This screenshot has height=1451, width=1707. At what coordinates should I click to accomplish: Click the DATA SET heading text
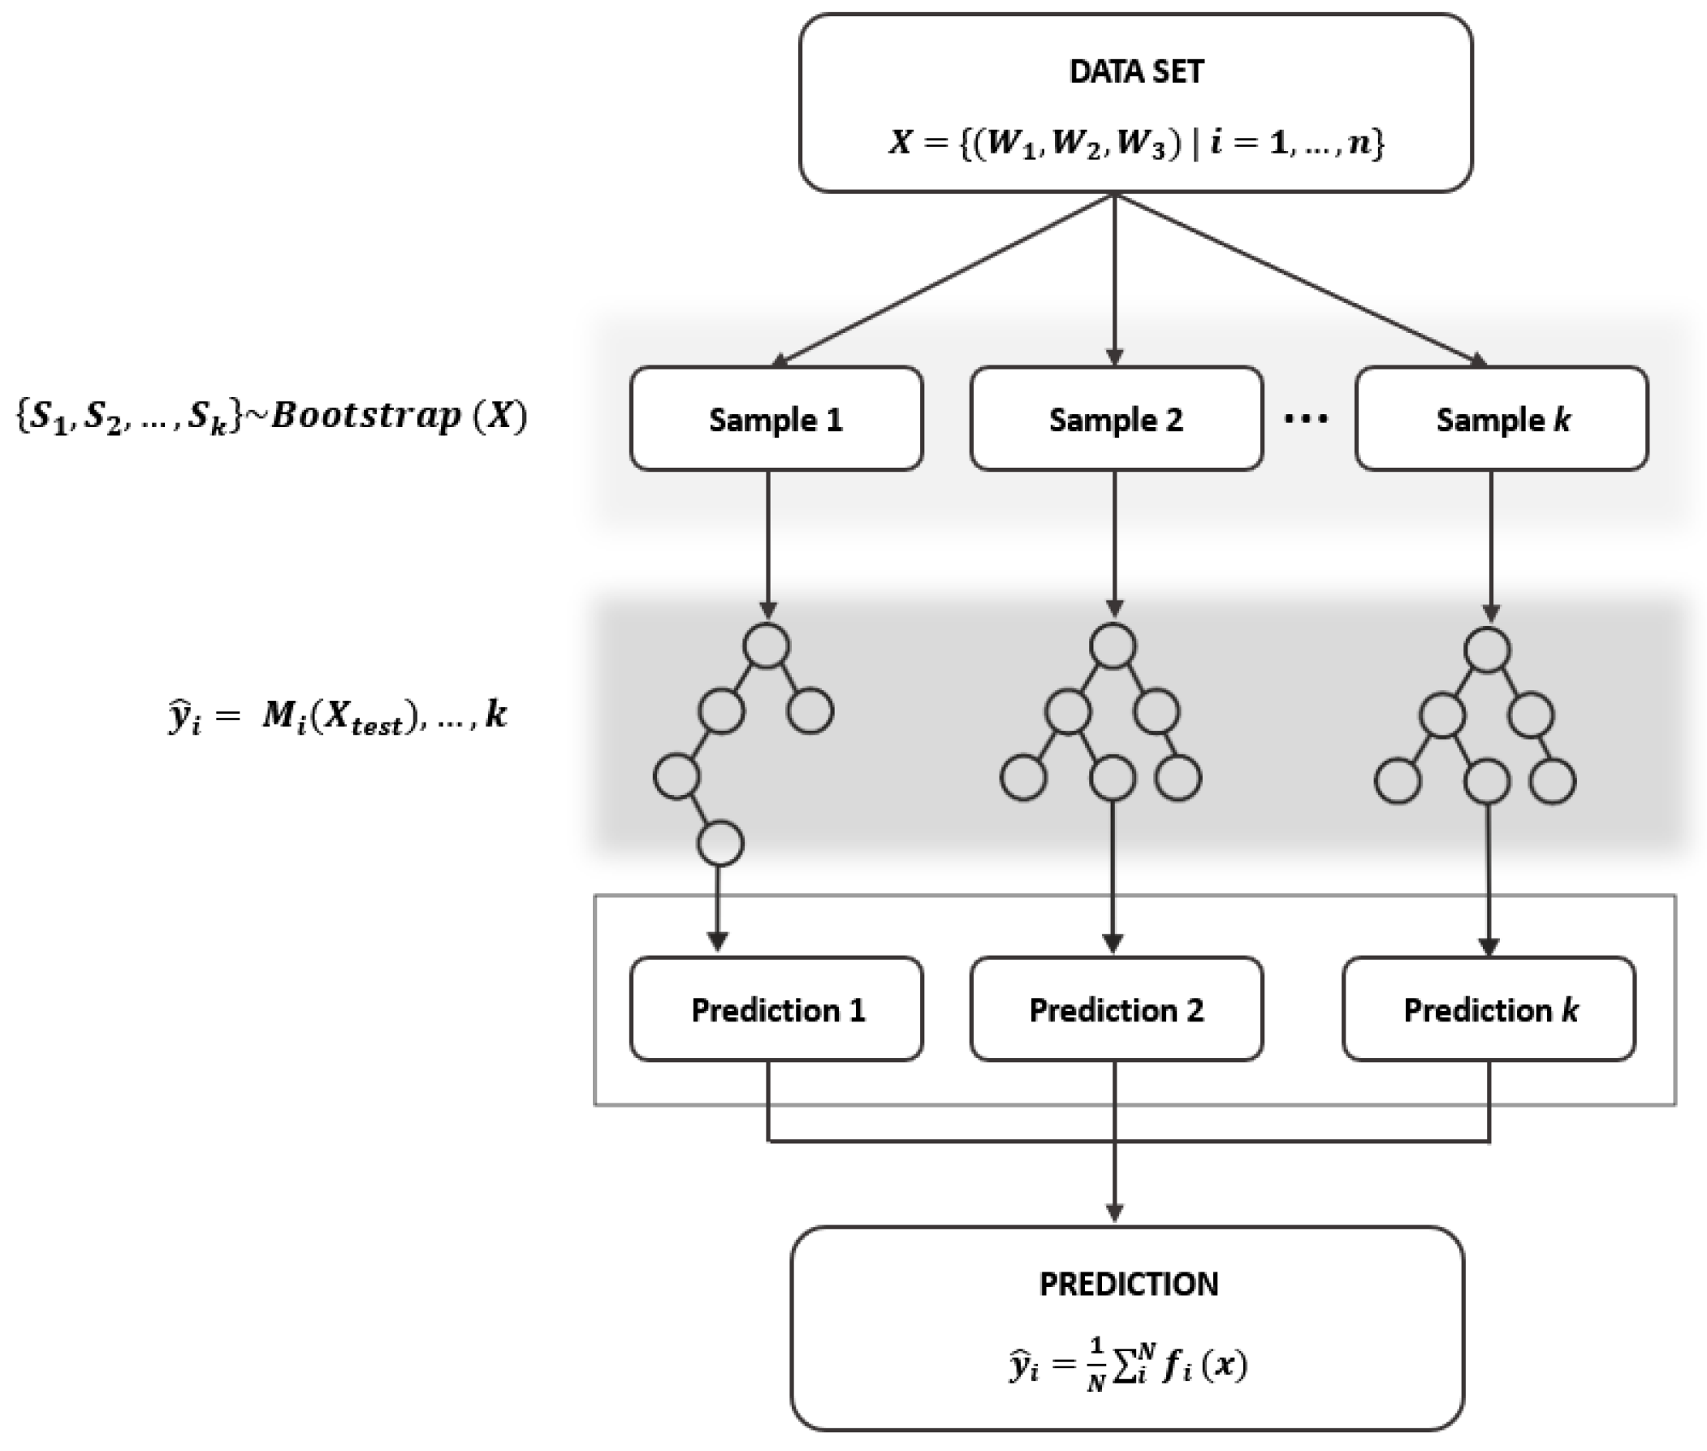coord(1135,72)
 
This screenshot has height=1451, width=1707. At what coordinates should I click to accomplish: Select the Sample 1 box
coord(776,419)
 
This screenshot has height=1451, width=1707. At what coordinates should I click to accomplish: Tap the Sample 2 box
coord(1116,419)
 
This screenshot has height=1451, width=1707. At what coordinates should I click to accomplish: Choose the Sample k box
coord(1502,419)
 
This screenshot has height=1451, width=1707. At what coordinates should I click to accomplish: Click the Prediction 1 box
coord(776,1009)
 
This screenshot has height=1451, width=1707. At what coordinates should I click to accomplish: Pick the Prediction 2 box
coord(1116,1009)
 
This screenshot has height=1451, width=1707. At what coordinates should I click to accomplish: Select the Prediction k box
coord(1489,1009)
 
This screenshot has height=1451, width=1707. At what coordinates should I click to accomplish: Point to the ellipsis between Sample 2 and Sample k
coord(1306,420)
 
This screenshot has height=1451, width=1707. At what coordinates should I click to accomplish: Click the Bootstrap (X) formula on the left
coord(271,417)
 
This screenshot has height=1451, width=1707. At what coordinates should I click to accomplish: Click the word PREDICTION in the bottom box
coord(1128,1284)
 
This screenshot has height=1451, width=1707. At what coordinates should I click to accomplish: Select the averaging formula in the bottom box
coord(1128,1367)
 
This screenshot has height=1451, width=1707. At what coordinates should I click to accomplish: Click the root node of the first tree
coord(767,646)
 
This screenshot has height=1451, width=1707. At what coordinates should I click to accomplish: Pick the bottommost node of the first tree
coord(720,843)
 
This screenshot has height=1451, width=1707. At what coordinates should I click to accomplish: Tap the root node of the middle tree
coord(1113,646)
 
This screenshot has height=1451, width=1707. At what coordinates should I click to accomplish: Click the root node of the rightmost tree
coord(1487,650)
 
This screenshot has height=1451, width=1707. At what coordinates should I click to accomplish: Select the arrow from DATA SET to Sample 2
coord(1114,279)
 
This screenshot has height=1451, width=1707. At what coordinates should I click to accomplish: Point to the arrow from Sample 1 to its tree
coord(767,543)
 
